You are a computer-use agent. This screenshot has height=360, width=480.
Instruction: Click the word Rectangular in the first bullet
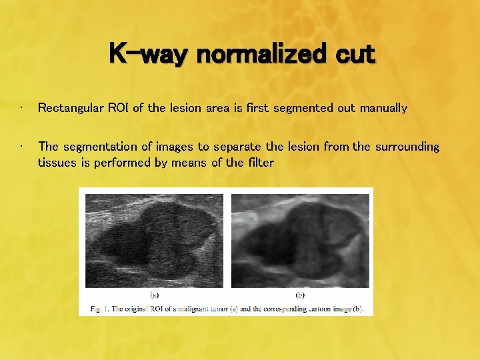tap(71, 108)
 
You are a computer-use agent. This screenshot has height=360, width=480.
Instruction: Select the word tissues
tap(57, 162)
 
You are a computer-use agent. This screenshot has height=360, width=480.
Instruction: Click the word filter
tap(258, 162)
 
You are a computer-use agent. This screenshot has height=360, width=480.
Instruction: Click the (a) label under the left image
tap(153, 293)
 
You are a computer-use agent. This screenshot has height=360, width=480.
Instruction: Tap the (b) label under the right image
tap(299, 293)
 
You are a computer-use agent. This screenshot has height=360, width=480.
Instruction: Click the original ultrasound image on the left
tap(153, 240)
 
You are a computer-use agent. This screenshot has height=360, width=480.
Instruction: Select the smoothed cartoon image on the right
tap(300, 240)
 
